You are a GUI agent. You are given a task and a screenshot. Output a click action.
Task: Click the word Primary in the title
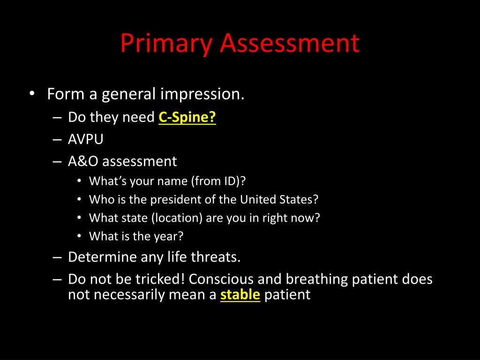coord(166,44)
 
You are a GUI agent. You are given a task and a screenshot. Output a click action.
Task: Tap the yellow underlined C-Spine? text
coord(187,117)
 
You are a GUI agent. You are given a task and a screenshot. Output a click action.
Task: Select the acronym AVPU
coord(85,139)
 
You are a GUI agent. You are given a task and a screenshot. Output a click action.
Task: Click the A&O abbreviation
coord(83,161)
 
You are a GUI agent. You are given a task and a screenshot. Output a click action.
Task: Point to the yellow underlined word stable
coord(240,295)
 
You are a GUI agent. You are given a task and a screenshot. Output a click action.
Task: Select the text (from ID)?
coord(218,181)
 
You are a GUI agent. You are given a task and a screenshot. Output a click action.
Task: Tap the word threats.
coord(216,257)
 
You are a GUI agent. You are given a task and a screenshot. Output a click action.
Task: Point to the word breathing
coord(316,280)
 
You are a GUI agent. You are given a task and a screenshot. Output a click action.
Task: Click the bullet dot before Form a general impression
coord(32,93)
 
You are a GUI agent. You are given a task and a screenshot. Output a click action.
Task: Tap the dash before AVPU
coord(57,140)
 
